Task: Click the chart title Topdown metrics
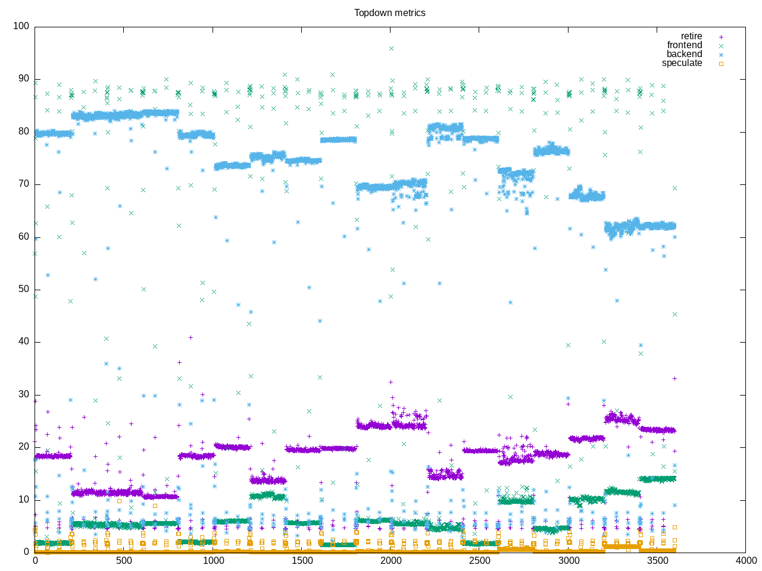point(389,12)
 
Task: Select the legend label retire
point(691,36)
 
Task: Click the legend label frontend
point(684,45)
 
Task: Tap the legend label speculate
point(682,63)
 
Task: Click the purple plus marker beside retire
point(721,37)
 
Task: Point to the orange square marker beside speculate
point(721,64)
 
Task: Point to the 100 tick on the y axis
point(21,26)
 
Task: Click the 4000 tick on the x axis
point(746,560)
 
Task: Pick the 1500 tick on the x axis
point(302,560)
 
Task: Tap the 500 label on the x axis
point(124,560)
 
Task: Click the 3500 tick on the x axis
point(657,560)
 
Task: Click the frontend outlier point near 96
point(391,48)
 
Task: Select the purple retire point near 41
point(190,337)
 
